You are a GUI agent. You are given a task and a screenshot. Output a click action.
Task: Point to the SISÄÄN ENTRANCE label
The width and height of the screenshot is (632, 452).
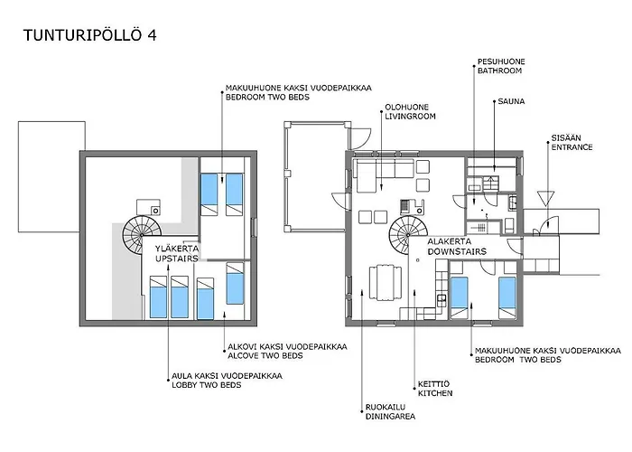[x=572, y=142]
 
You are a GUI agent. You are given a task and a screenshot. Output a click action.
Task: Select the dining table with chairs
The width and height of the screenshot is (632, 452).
[x=385, y=285]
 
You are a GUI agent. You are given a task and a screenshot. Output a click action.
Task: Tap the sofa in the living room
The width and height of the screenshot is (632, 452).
[x=384, y=169]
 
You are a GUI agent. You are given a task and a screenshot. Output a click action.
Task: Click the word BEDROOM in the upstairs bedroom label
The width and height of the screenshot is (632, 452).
[x=245, y=97]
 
